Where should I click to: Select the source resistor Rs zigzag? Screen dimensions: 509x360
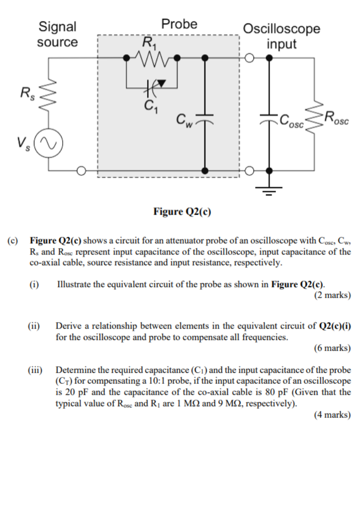tap(48, 92)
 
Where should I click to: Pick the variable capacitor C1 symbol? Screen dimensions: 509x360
tap(153, 86)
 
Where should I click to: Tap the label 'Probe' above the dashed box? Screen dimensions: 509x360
tap(179, 24)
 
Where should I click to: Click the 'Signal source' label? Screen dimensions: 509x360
tap(58, 34)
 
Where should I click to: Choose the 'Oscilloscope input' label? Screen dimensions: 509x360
tap(281, 36)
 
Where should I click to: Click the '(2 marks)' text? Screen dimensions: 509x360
tap(333, 295)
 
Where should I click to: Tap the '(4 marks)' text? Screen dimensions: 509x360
tap(333, 415)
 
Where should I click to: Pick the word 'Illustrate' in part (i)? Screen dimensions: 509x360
tap(74, 285)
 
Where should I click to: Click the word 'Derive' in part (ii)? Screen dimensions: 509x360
tap(68, 326)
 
